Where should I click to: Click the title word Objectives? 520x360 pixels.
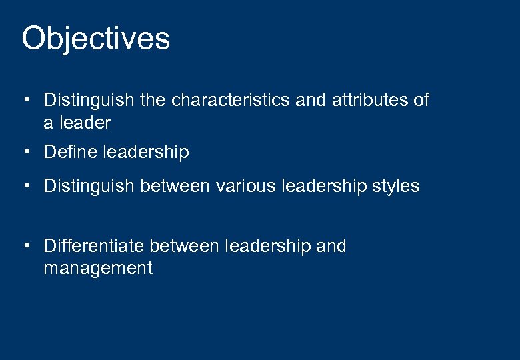95,39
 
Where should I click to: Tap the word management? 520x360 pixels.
98,268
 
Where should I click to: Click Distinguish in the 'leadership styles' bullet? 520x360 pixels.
89,186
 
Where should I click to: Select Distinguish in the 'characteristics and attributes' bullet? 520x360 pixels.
89,101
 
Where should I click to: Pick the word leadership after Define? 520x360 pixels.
147,153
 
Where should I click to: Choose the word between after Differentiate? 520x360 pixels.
184,246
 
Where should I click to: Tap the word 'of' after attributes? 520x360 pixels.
421,100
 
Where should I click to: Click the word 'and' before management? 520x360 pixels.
331,246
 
